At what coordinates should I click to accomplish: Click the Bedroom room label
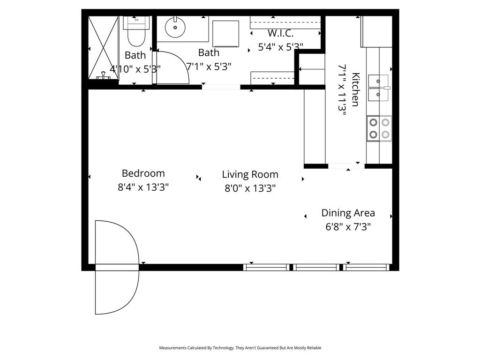pos(143,173)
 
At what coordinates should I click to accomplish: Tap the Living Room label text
pos(250,175)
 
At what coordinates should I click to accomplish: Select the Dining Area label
pos(348,213)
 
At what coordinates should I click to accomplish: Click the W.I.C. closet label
pos(280,34)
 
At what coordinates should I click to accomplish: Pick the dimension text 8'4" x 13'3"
pos(143,187)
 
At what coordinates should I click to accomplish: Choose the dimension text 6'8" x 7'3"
pos(348,227)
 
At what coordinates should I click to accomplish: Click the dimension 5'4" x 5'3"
pos(280,47)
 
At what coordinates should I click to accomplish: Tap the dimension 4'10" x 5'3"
pos(135,68)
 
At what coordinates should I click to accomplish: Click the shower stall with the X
pos(103,47)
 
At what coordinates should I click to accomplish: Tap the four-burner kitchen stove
pos(379,128)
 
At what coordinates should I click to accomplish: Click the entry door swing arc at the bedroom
pos(117,267)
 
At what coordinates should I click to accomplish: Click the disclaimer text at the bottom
pos(240,348)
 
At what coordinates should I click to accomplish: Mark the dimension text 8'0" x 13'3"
pos(250,188)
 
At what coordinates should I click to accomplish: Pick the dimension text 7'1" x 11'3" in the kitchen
pos(342,90)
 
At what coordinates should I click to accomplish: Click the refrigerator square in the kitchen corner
pos(376,31)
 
